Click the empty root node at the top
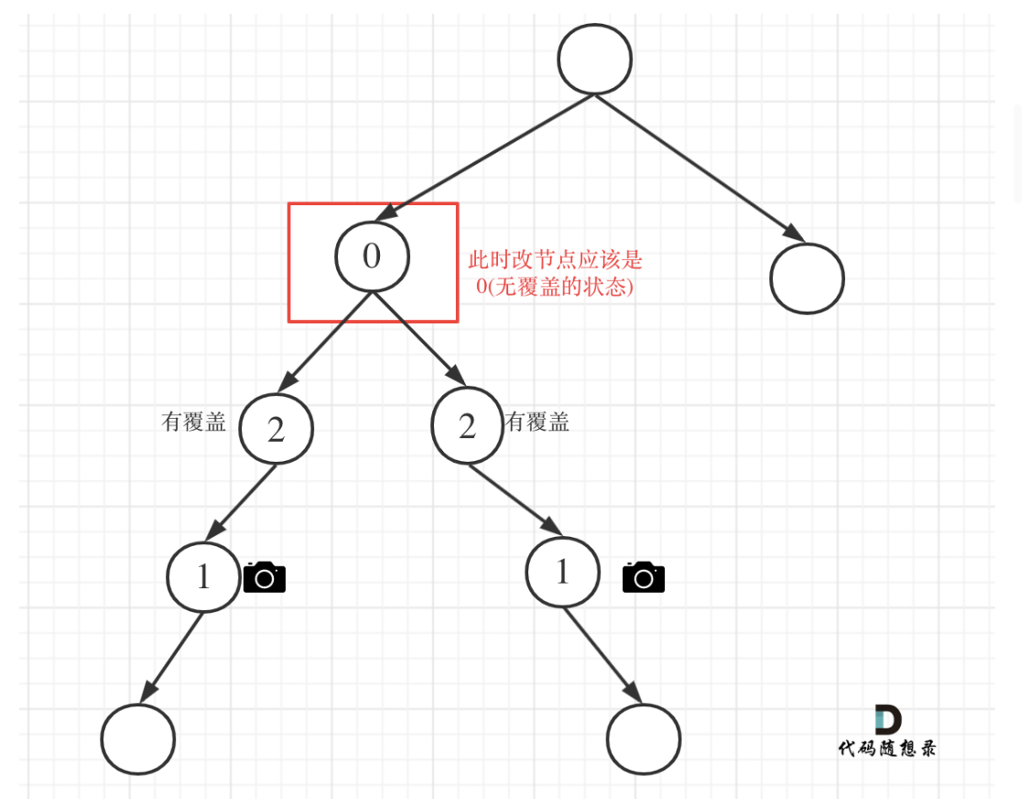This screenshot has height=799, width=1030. (595, 57)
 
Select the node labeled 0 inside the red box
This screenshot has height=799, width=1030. (372, 256)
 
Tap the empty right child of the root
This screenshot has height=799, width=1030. (807, 279)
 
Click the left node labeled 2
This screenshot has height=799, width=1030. (276, 429)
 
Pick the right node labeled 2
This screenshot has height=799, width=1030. (468, 426)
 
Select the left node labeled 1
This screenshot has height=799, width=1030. (203, 576)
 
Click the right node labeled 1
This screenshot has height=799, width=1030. (562, 572)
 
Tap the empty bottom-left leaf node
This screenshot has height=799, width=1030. (137, 739)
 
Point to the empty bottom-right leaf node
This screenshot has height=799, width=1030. (644, 739)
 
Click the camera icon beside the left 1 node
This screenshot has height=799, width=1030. (265, 577)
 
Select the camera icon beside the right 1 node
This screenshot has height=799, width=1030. (644, 577)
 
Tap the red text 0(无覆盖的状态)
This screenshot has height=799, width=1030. (555, 286)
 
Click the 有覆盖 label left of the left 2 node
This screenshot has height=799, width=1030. (193, 421)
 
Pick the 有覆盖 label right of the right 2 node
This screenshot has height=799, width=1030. (537, 421)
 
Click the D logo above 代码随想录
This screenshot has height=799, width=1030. (886, 719)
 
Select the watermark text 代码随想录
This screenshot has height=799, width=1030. (886, 749)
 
